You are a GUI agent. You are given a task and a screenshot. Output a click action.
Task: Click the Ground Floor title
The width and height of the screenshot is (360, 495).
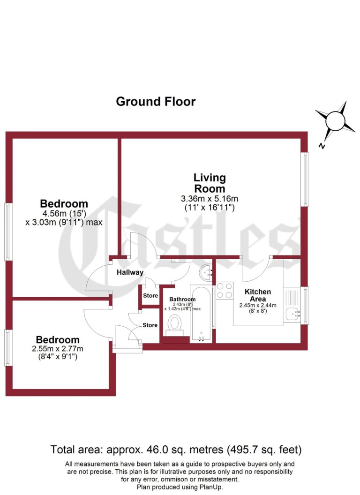click(x=156, y=101)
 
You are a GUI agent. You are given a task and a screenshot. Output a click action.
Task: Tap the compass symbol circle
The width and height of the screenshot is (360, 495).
click(x=335, y=120)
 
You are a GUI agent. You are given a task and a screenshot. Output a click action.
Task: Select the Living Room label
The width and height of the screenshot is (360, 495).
click(x=210, y=183)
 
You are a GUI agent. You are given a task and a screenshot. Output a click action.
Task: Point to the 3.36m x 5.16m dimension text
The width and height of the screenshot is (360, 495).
click(x=210, y=198)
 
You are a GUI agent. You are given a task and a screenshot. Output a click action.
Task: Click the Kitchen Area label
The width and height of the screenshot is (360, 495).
click(x=255, y=295)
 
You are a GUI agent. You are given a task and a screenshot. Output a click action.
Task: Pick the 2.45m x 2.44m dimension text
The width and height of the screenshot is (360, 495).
click(x=258, y=306)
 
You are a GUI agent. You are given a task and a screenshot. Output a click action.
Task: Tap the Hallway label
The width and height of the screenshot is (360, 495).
click(x=130, y=272)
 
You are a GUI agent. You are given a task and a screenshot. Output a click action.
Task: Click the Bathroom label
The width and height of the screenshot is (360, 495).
click(x=182, y=299)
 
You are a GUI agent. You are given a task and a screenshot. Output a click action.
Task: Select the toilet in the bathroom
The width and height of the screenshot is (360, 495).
click(x=175, y=323)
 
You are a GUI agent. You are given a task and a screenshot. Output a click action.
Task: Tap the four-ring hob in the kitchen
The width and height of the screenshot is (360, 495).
click(x=225, y=290)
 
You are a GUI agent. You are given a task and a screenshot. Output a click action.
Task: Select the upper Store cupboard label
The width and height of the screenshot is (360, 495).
click(x=150, y=296)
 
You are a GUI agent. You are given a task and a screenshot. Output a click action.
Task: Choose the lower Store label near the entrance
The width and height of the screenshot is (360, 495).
click(x=150, y=325)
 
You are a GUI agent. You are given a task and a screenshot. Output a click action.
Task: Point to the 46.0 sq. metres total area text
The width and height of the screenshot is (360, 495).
click(x=176, y=450)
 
